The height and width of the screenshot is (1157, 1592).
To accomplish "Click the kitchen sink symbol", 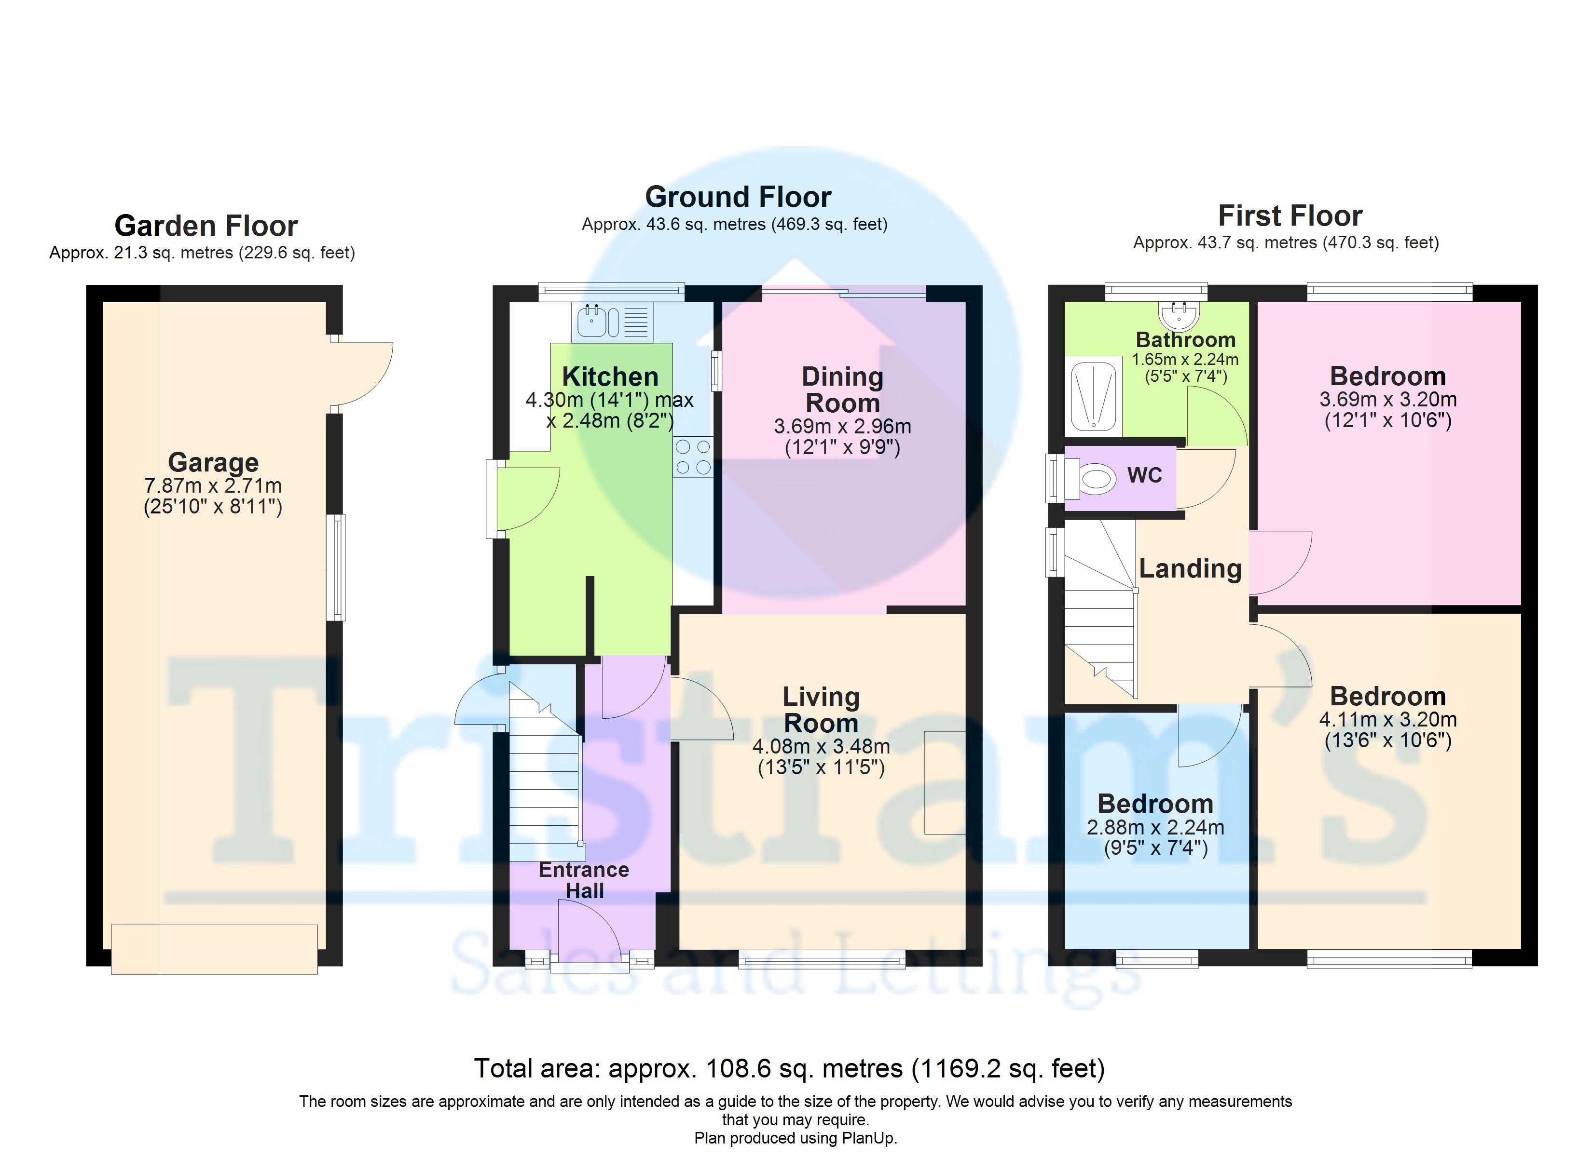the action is coord(612,322).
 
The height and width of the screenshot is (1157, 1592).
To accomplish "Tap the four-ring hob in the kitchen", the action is coord(693,457).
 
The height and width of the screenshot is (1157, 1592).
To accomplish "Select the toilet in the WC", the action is coord(1090,479).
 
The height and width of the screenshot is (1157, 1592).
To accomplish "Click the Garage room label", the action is coord(213,462).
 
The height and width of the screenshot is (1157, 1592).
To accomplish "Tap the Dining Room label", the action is coord(842,390).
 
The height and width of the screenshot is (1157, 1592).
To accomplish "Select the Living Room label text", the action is coord(821,709).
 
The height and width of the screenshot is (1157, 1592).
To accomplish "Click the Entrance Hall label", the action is coord(584,880).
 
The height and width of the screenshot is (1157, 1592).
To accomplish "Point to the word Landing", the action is coord(1190,568).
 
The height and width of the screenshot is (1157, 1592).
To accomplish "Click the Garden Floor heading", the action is coord(206,226).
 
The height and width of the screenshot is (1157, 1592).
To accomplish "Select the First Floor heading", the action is coord(1290,215).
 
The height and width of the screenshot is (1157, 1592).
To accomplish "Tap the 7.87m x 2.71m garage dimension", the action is coord(213,485).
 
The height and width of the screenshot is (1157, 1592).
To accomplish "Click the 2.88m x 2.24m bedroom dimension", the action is coord(1155,827).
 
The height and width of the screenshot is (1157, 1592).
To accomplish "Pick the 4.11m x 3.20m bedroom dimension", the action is coord(1388,719).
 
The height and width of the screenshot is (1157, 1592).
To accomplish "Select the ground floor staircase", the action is coord(545,772).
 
